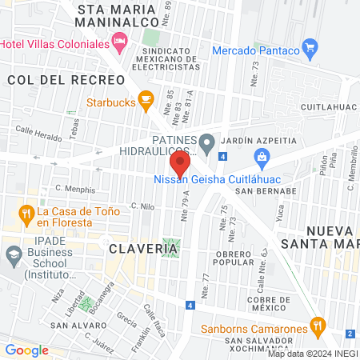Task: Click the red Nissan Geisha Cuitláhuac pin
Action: (x=181, y=166)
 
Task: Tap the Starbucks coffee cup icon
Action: (x=145, y=99)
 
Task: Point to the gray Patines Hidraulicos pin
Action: (x=207, y=145)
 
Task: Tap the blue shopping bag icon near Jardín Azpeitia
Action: (x=261, y=155)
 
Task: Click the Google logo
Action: (x=26, y=350)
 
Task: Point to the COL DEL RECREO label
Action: (x=66, y=80)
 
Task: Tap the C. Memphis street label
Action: (x=75, y=190)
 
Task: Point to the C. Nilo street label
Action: (x=142, y=206)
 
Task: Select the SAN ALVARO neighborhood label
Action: (x=77, y=326)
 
